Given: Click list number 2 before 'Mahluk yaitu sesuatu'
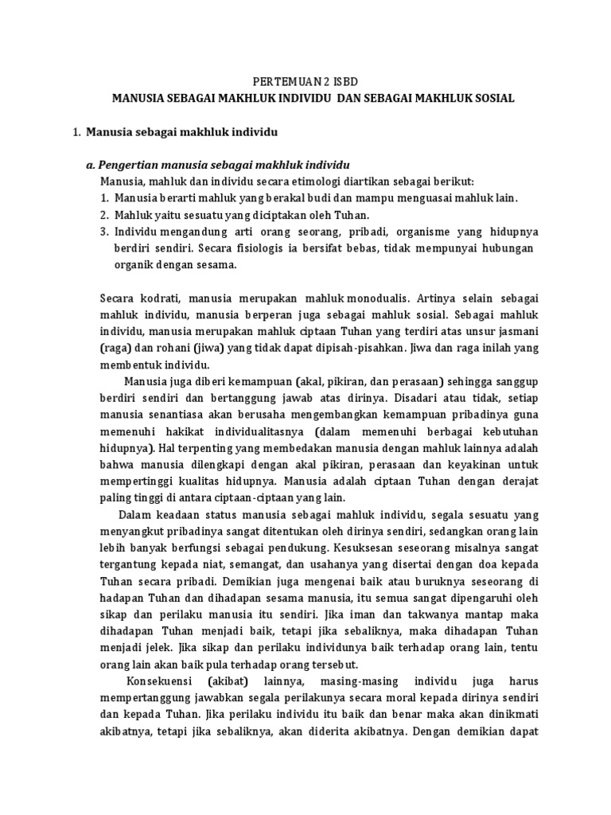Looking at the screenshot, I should click(x=104, y=215).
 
